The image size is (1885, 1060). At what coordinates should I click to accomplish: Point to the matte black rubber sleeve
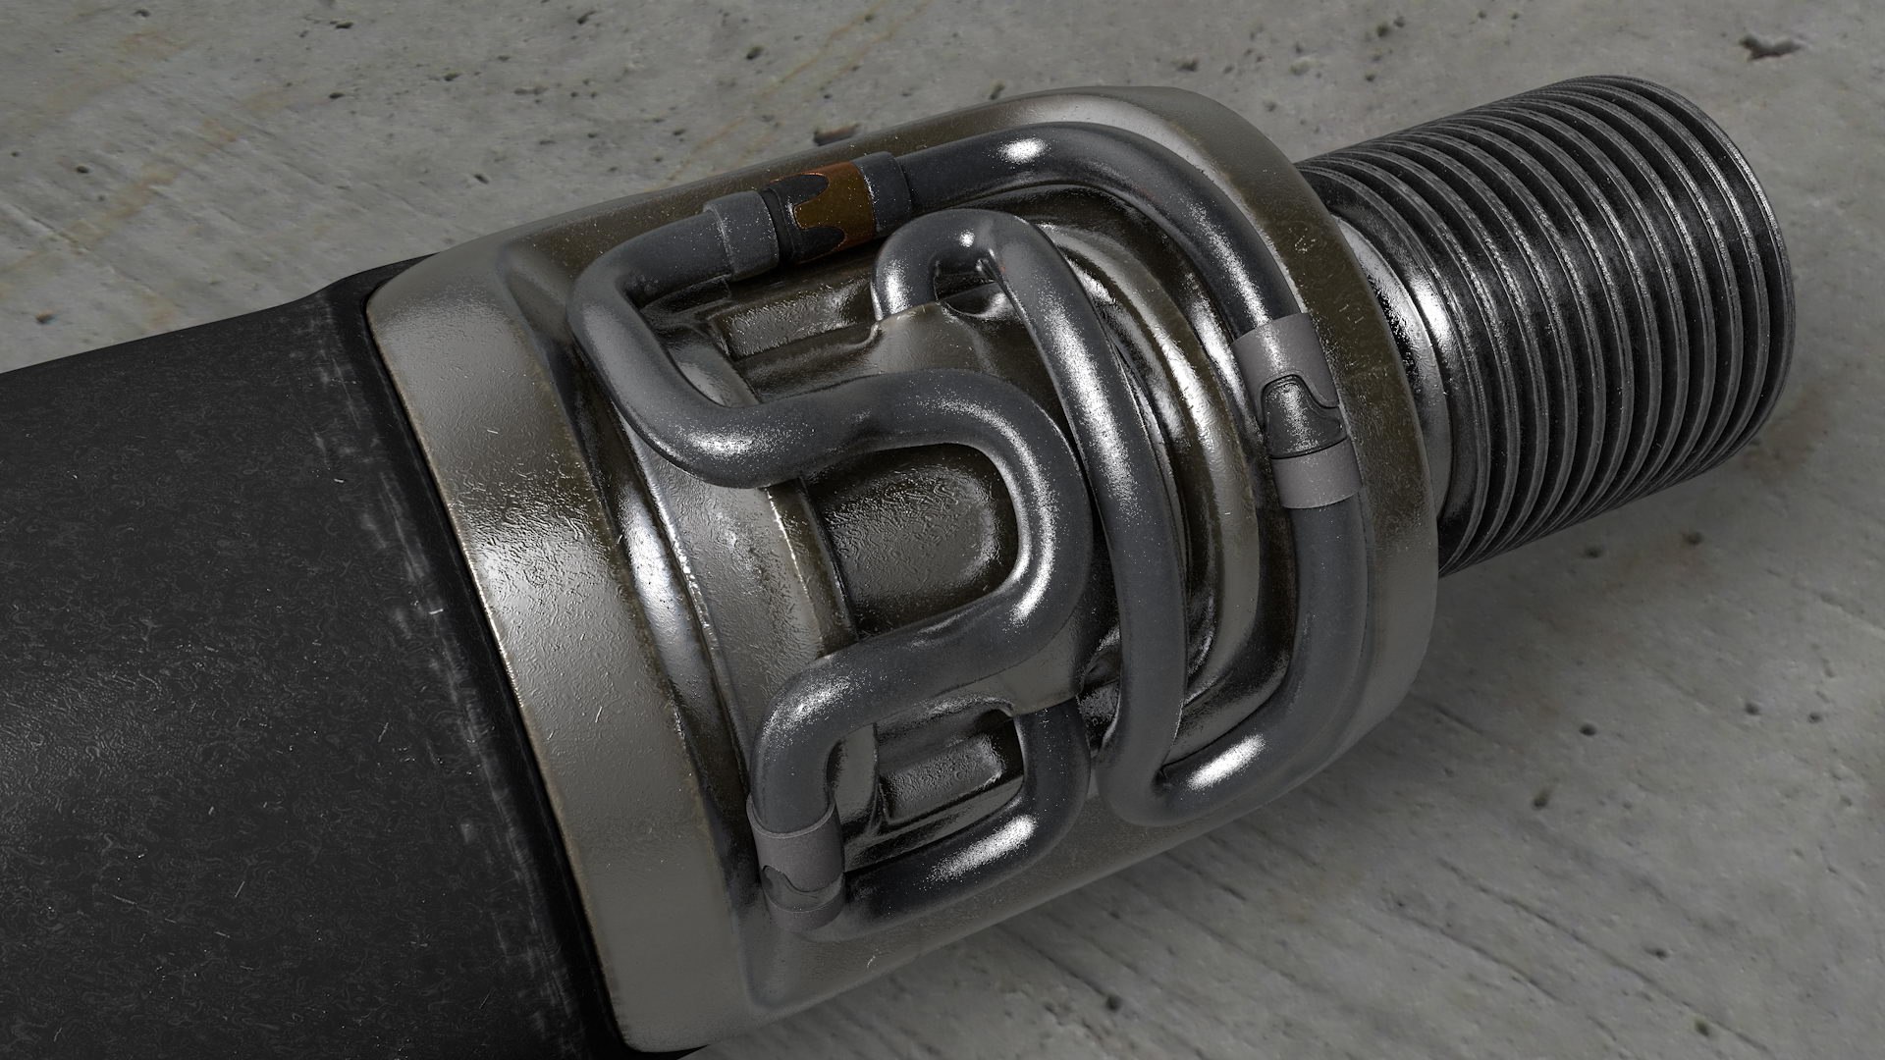point(245,638)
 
